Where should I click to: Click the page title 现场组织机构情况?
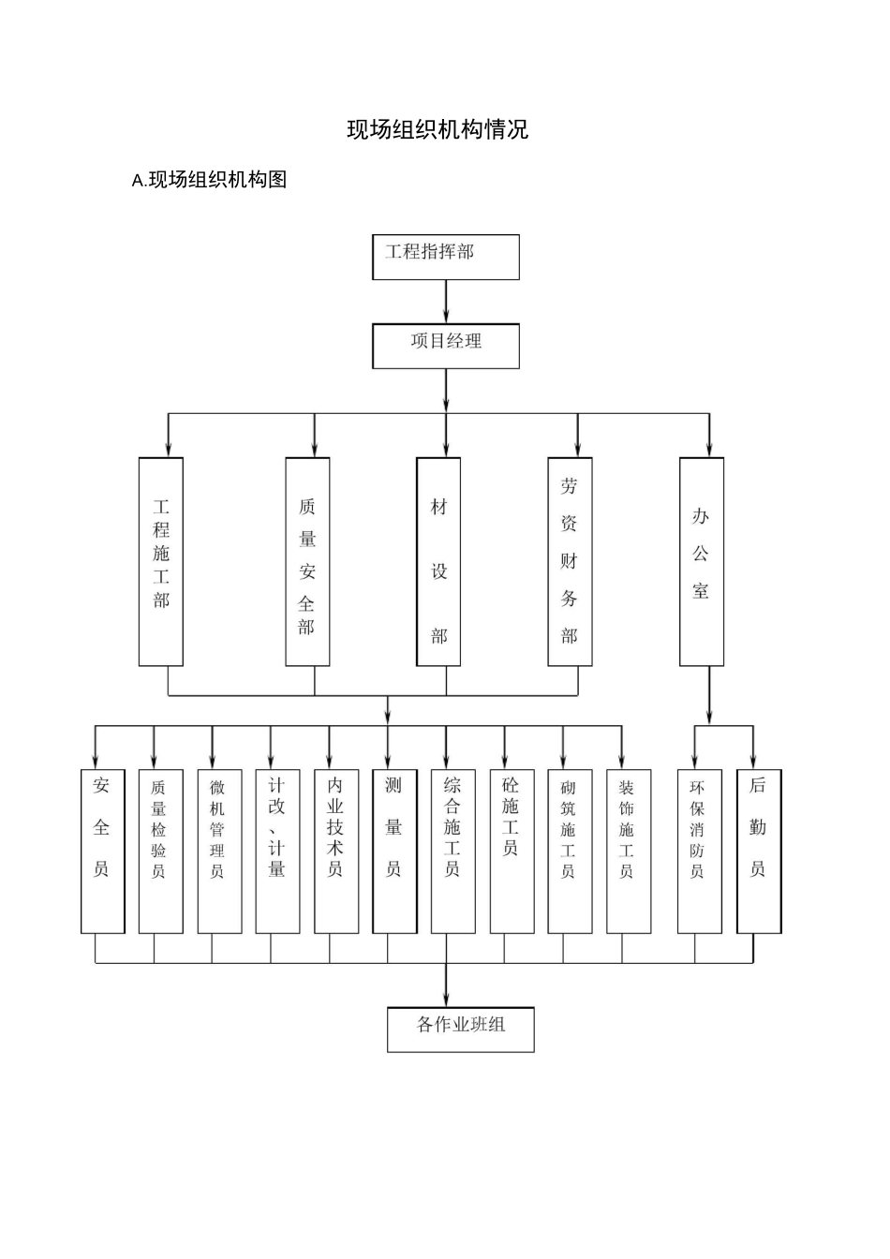438,129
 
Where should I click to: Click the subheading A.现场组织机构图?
210,180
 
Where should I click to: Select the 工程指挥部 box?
445,257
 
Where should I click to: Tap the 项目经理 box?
445,346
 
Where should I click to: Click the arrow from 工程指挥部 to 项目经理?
446,302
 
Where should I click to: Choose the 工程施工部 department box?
161,561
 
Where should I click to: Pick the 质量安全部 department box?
307,561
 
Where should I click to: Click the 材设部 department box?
438,561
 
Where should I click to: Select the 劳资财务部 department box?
570,561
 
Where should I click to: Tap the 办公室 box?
701,561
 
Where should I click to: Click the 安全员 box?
102,851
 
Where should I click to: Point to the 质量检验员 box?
160,851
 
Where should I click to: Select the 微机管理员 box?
219,851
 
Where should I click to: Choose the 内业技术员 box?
336,851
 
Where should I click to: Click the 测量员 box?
394,851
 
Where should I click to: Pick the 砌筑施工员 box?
570,851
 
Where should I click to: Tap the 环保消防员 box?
699,851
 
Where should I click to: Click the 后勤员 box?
758,851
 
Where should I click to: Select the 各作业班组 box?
460,1029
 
